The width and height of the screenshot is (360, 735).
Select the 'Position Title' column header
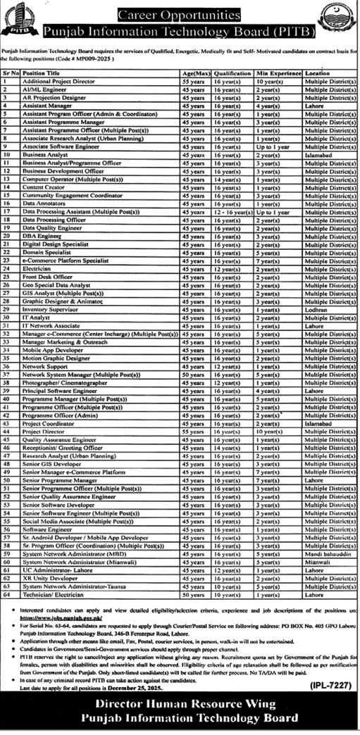[x=39, y=73]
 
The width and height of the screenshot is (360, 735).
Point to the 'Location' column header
[x=318, y=73]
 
